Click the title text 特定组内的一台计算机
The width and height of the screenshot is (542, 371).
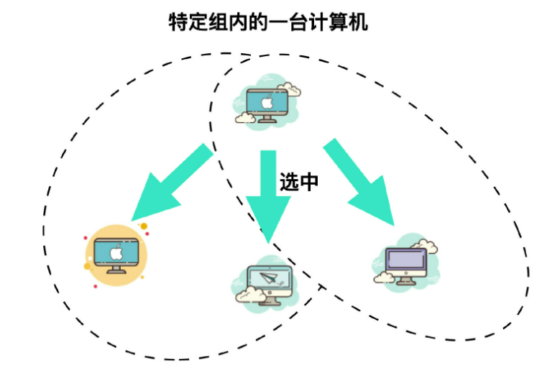click(267, 22)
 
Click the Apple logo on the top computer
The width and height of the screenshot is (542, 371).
click(267, 102)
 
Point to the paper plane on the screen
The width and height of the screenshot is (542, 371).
click(270, 278)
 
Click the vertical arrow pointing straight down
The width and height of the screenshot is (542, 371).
click(269, 194)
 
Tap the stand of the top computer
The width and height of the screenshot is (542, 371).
click(267, 119)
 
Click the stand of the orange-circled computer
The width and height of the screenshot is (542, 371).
click(115, 270)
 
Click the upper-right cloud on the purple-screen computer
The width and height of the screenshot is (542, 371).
click(429, 244)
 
